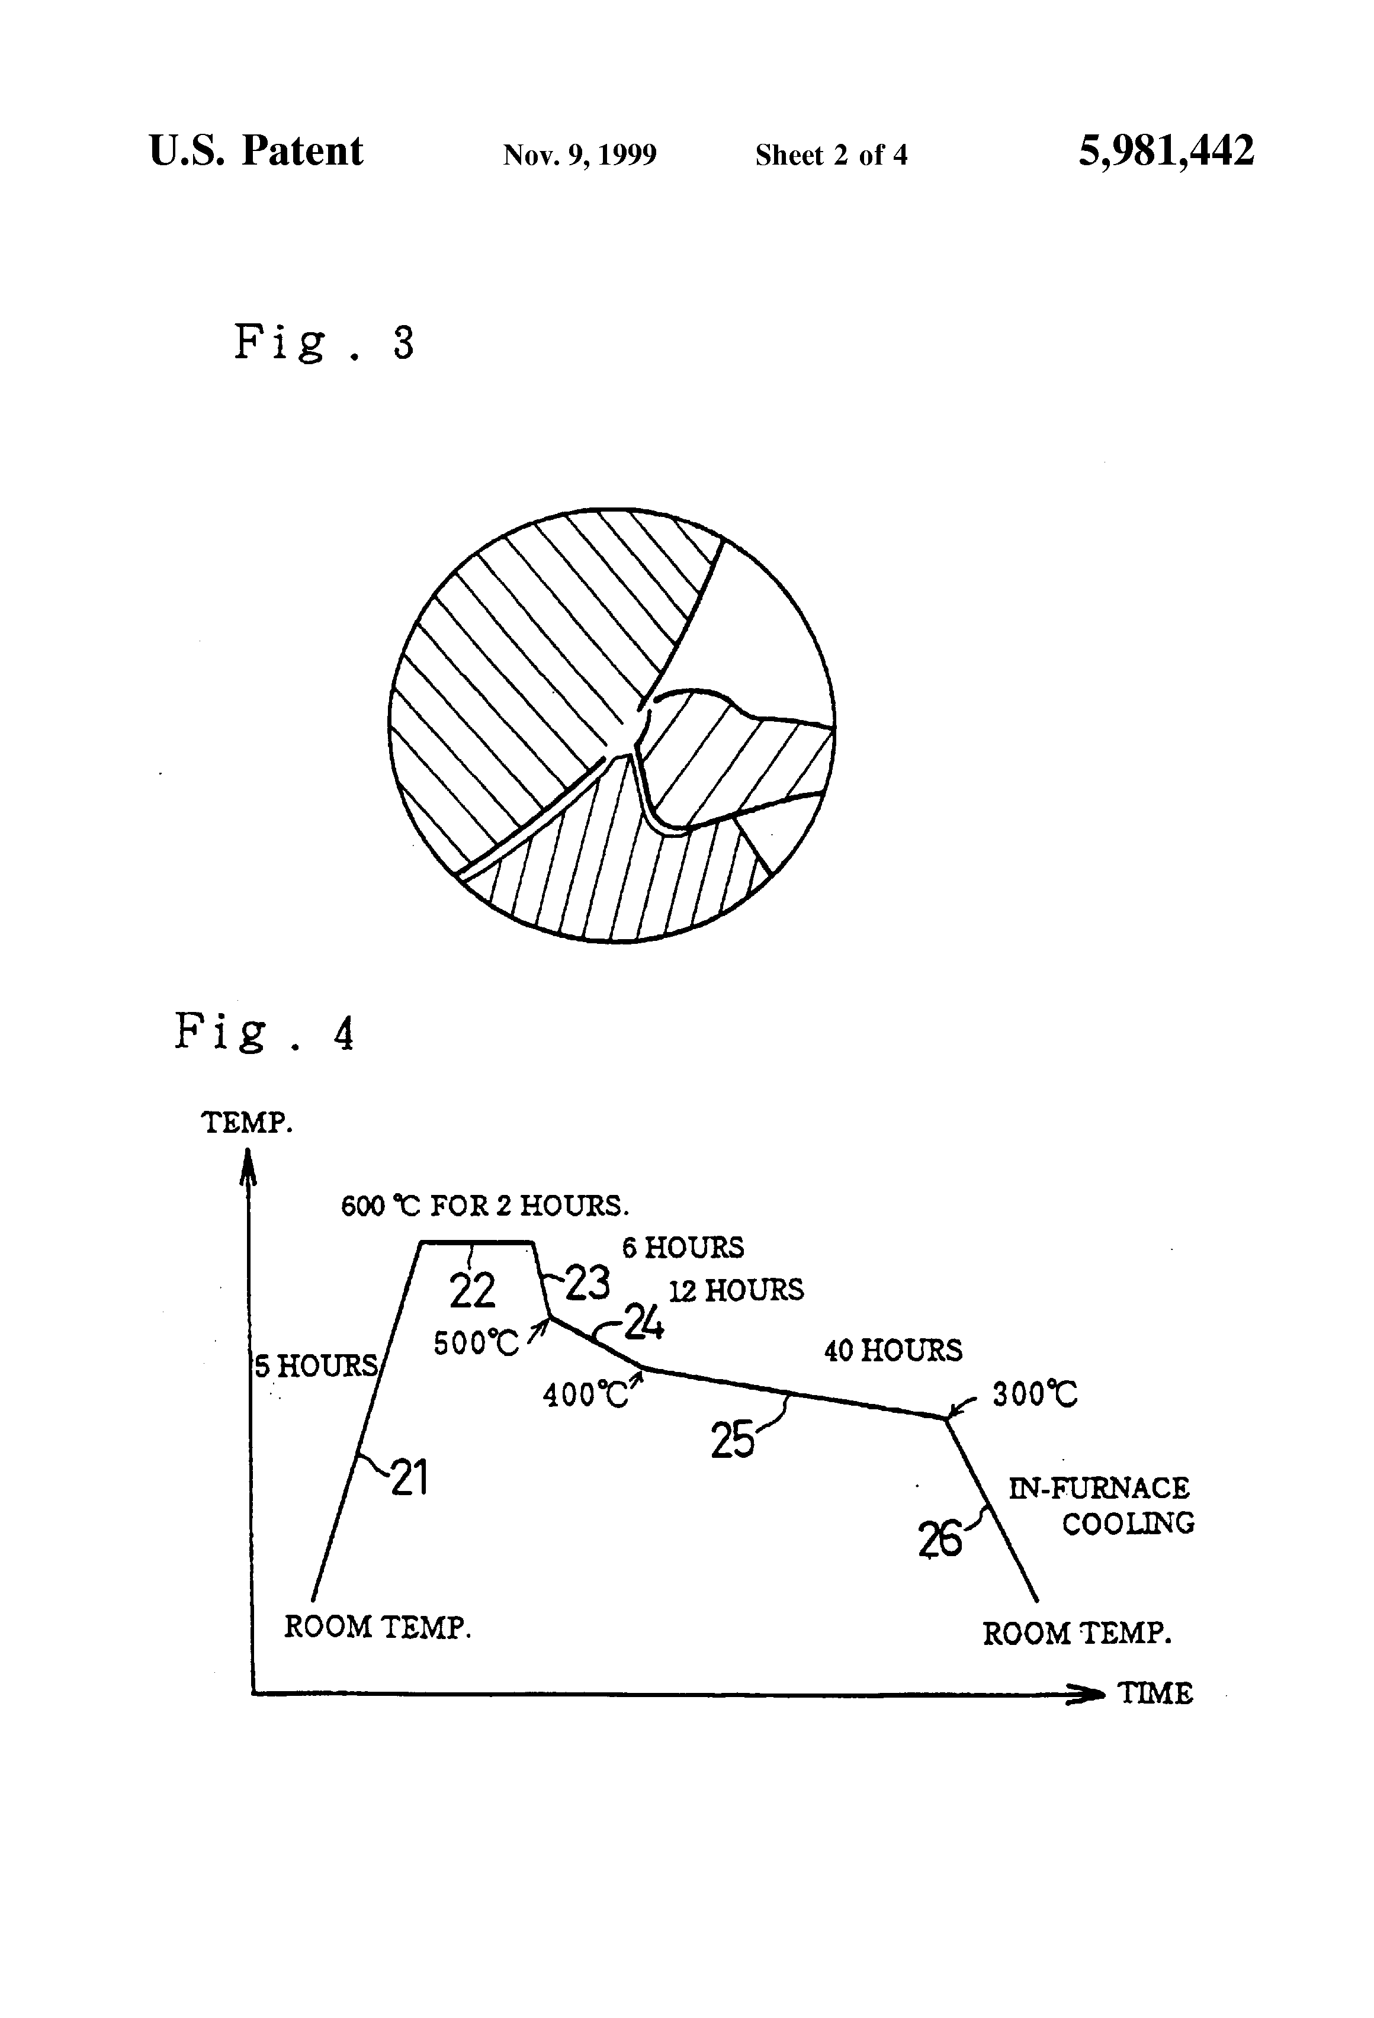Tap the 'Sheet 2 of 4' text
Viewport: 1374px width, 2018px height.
tap(830, 155)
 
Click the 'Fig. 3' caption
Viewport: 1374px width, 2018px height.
tap(323, 342)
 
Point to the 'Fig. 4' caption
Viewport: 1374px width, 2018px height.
tap(264, 1033)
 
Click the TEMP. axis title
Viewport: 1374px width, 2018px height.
tap(246, 1123)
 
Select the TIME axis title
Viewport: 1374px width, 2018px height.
tap(1154, 1694)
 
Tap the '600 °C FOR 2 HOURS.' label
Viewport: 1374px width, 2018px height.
tap(484, 1206)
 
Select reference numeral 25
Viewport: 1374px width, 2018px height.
tap(732, 1441)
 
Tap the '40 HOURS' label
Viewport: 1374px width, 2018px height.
tap(893, 1350)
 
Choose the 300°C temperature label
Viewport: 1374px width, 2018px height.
tap(1035, 1394)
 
